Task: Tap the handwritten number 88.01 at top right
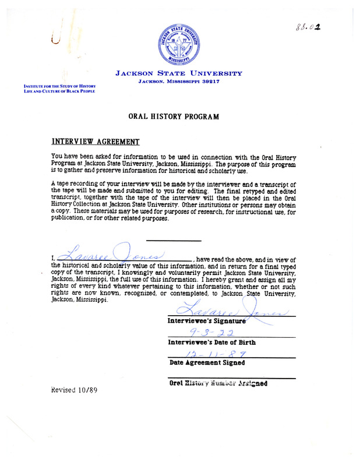pos(309,26)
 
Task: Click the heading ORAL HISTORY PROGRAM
pos(174,116)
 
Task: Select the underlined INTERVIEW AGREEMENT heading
pos(95,141)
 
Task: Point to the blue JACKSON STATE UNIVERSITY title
pos(178,73)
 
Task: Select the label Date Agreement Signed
pos(207,362)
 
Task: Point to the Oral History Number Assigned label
pos(217,383)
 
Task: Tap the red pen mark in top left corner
pos(56,39)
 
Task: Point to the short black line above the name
pos(173,241)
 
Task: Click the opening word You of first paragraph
pos(57,157)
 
